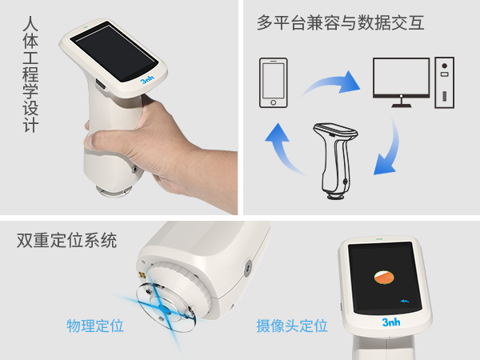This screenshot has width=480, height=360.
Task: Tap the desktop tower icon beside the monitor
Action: tap(444, 82)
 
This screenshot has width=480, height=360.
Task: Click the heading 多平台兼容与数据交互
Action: tap(341, 22)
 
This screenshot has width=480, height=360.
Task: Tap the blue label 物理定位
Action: tap(95, 326)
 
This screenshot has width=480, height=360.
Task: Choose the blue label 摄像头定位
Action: tap(292, 326)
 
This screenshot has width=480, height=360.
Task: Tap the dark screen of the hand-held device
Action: tap(112, 52)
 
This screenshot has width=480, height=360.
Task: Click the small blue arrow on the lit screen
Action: tap(406, 299)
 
